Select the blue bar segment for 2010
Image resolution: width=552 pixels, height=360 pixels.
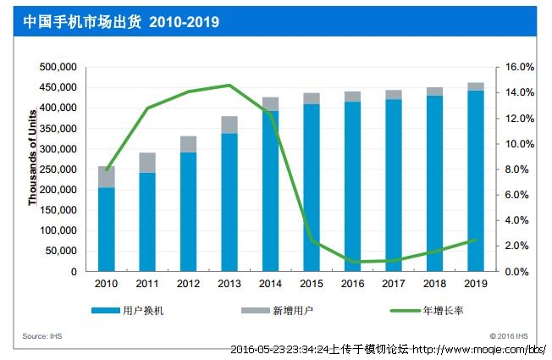[107, 229]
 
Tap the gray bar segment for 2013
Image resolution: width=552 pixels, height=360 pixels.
[229, 125]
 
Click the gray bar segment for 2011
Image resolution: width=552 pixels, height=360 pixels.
[147, 162]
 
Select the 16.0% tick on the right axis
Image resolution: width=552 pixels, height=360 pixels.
[519, 67]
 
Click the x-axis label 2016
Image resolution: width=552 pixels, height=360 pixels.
[352, 285]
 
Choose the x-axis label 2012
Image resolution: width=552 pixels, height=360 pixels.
[188, 285]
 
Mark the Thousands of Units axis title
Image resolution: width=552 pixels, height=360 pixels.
[33, 158]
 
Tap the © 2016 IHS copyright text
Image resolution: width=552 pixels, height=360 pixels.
[511, 336]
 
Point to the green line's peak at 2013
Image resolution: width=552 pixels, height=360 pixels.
[229, 85]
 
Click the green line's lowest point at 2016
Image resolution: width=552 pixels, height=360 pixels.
[352, 262]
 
